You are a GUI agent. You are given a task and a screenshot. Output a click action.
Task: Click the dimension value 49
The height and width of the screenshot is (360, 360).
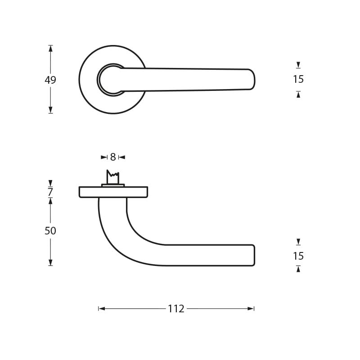click(x=50, y=80)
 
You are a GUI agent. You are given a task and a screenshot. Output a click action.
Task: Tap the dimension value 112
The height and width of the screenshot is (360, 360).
click(x=176, y=309)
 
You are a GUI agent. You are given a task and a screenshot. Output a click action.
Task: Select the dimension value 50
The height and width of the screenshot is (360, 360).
click(x=50, y=231)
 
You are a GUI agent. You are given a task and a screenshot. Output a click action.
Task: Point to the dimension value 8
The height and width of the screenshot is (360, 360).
click(x=113, y=157)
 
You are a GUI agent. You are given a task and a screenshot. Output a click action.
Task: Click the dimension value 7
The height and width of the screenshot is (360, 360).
click(x=50, y=192)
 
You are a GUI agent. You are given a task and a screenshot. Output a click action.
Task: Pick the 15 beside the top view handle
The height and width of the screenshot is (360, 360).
click(x=298, y=79)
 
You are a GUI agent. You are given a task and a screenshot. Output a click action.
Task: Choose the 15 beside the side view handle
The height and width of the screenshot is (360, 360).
click(x=298, y=256)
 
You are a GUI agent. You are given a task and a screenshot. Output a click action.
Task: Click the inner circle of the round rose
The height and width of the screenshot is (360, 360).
click(x=111, y=80)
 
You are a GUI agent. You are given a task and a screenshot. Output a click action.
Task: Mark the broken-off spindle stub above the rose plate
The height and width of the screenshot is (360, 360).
click(x=112, y=177)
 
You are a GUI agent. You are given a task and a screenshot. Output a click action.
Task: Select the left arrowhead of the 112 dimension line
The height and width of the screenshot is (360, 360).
click(x=102, y=309)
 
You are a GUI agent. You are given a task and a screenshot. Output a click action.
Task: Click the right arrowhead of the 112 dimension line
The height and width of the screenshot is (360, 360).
click(x=251, y=309)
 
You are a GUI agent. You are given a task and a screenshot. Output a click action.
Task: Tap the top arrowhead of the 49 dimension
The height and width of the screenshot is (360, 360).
click(x=50, y=48)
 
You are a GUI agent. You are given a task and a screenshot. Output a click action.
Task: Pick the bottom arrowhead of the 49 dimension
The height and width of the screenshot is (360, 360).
click(x=50, y=110)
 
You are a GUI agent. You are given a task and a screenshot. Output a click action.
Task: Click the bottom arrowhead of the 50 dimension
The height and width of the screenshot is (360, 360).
click(x=50, y=263)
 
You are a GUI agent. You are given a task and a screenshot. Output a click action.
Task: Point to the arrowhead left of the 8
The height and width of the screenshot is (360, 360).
click(x=104, y=157)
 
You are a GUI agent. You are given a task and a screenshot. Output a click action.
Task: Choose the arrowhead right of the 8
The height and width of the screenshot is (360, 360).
click(x=121, y=157)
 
